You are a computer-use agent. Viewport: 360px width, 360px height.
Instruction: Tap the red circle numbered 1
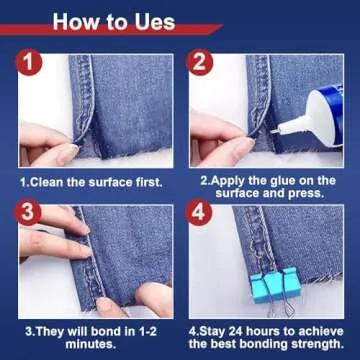tap(30, 62)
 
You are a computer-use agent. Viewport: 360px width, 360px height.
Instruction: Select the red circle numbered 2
tap(200, 62)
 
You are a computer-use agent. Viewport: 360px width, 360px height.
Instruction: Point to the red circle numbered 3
tap(28, 212)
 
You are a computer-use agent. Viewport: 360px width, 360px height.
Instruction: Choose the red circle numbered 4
tap(199, 212)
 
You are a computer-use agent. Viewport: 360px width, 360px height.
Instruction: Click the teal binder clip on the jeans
tap(275, 284)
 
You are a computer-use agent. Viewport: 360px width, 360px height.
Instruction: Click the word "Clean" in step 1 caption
tap(47, 182)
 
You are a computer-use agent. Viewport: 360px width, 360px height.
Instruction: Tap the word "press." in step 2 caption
tap(306, 193)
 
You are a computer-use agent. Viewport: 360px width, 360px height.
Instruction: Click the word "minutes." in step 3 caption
tap(91, 344)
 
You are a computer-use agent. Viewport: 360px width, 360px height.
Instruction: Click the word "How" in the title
tap(70, 22)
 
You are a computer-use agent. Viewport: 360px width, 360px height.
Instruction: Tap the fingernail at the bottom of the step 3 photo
tap(104, 303)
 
